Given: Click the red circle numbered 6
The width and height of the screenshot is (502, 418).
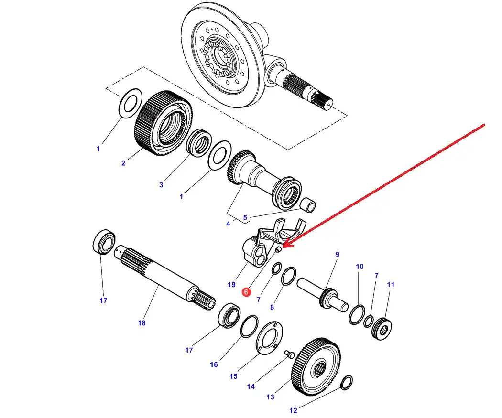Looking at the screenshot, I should click(x=246, y=291).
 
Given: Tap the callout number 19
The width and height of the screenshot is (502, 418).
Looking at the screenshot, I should click(x=231, y=285).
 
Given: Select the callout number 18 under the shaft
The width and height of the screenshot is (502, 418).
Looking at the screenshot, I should click(x=142, y=323).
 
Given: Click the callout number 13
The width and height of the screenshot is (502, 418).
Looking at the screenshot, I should click(x=271, y=397).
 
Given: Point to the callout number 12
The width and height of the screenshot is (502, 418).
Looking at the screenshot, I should click(x=293, y=410).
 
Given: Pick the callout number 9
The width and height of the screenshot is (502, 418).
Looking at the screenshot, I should click(x=337, y=255).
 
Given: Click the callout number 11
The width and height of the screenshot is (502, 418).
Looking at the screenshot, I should click(x=391, y=285).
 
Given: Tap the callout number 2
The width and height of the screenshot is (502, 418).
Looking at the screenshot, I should click(x=123, y=163).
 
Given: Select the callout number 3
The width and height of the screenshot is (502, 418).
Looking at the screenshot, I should click(x=161, y=184).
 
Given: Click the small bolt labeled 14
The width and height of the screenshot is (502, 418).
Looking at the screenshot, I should click(x=288, y=354).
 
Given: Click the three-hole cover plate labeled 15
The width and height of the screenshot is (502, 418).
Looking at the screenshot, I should click(x=268, y=338).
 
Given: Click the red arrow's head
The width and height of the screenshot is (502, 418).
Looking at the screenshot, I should click(x=284, y=246).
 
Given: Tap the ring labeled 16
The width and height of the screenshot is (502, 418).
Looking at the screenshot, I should click(x=248, y=326).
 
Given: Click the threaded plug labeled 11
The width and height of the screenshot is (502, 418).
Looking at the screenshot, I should click(x=382, y=329).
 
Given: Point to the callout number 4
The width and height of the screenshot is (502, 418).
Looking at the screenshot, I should click(x=228, y=223).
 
